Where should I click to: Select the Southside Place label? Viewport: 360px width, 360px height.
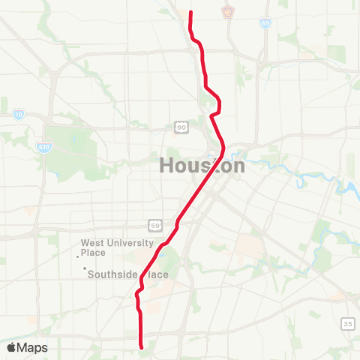127,274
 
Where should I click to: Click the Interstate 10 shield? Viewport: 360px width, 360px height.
18,115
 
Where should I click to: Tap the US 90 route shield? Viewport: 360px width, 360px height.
182,127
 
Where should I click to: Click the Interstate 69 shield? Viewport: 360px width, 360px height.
266,24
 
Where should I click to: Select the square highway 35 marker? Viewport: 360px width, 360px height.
347,323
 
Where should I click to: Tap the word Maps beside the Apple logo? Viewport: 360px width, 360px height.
33,347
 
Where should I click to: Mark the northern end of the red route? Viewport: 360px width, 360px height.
190,12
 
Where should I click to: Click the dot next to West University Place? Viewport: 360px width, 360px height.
78,256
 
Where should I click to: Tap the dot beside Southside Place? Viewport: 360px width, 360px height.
85,268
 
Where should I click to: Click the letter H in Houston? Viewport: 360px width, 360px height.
166,166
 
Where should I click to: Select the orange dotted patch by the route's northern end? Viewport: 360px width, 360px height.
184,13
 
